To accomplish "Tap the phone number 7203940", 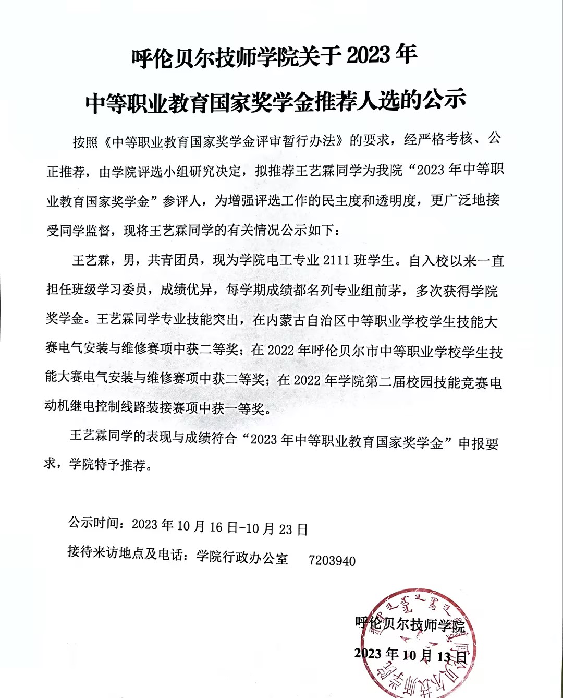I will point(332,561).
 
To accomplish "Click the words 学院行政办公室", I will point(242,557).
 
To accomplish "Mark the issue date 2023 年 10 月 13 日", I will point(410,655).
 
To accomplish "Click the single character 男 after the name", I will point(129,260).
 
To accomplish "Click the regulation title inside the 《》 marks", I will point(223,141).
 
